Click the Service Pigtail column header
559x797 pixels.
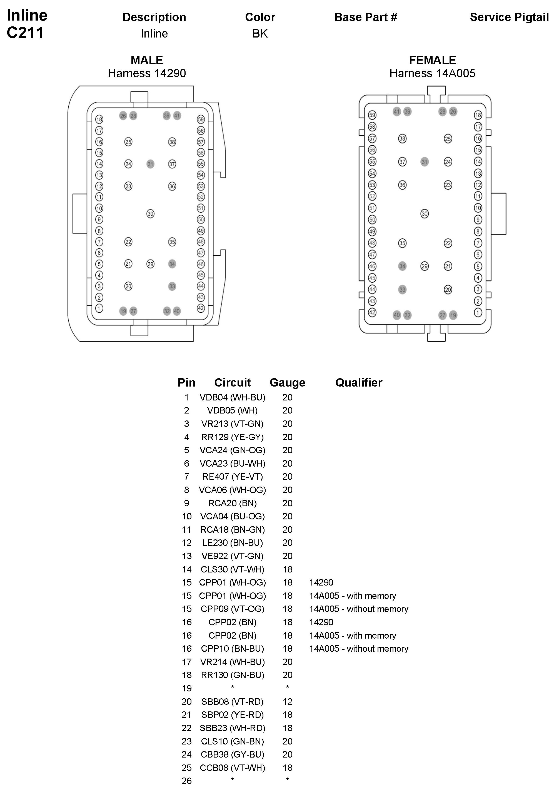[x=509, y=17]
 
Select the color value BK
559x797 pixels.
[x=260, y=34]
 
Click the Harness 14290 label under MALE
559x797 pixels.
[x=147, y=73]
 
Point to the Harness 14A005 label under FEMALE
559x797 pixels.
[x=432, y=73]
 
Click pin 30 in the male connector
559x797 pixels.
[x=150, y=214]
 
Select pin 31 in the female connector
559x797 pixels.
[x=424, y=162]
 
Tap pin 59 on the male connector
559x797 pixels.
[x=201, y=119]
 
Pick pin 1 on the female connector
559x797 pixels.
[x=478, y=312]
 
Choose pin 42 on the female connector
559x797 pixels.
[x=372, y=312]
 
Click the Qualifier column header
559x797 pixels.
[x=358, y=383]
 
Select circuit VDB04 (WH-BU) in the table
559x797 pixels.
[x=232, y=397]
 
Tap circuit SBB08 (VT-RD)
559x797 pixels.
[x=232, y=701]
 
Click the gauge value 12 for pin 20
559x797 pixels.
[x=287, y=701]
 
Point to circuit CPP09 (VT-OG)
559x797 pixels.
[x=232, y=609]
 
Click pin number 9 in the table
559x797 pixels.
[x=187, y=503]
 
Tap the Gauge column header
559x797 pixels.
[x=287, y=383]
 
